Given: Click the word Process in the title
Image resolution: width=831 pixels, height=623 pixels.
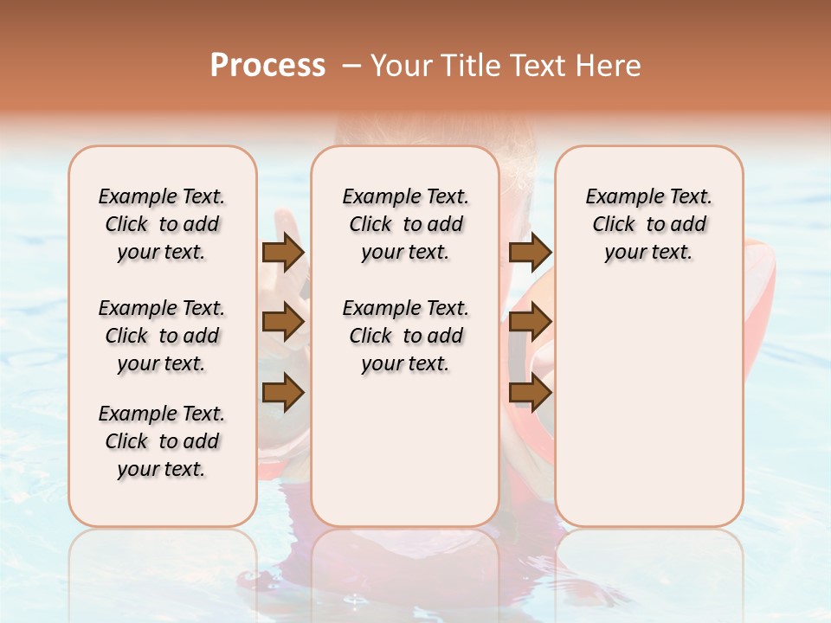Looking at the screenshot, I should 267,65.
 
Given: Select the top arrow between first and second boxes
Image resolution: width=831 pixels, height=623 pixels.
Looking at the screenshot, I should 283,253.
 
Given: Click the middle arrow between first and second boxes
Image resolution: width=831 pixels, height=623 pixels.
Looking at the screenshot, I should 283,322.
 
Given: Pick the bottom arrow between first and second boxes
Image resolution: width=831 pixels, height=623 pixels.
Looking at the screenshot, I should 283,394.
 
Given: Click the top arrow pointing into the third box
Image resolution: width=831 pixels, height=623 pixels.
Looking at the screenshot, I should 531,253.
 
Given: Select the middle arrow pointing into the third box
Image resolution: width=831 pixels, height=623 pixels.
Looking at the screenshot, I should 531,322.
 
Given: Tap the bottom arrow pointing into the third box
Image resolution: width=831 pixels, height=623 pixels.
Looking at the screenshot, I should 531,394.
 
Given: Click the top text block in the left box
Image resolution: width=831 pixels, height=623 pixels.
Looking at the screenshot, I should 162,224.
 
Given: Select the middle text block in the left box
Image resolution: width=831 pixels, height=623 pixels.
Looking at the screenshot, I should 162,336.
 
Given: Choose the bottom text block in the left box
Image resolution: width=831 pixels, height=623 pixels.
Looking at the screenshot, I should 162,441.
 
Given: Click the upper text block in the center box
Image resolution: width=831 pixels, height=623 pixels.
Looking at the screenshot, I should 405,224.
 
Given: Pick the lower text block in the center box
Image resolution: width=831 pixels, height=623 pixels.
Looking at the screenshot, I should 405,336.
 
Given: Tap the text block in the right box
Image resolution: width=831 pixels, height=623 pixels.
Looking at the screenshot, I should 649,224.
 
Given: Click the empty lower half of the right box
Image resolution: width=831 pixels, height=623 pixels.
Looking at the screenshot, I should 649,407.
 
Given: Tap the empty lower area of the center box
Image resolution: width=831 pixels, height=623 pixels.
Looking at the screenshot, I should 405,450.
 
